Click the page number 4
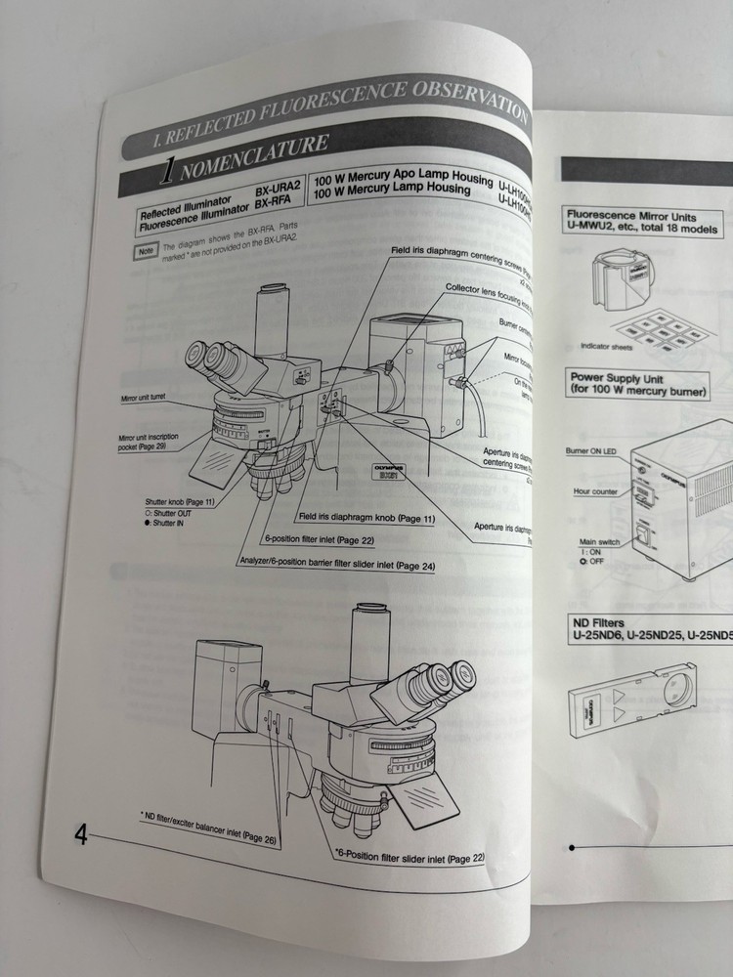click(79, 835)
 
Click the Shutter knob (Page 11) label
click(180, 501)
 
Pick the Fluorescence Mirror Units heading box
click(643, 223)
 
